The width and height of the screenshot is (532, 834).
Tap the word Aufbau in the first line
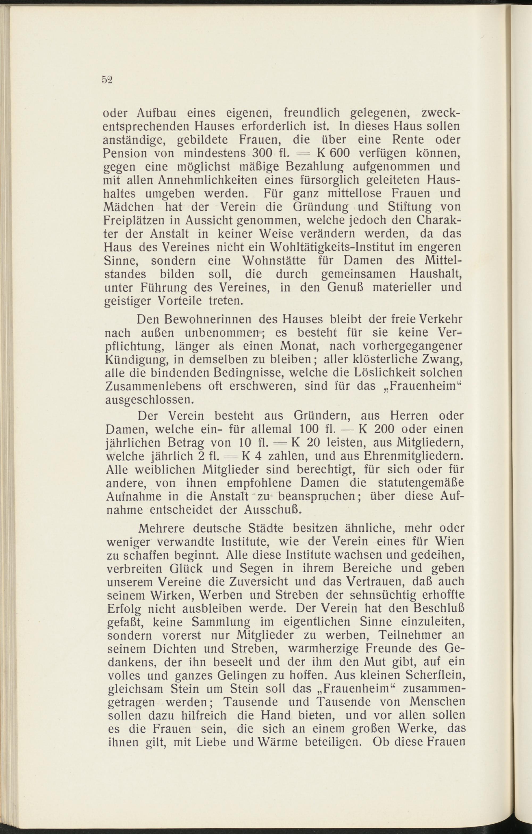[157, 113]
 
